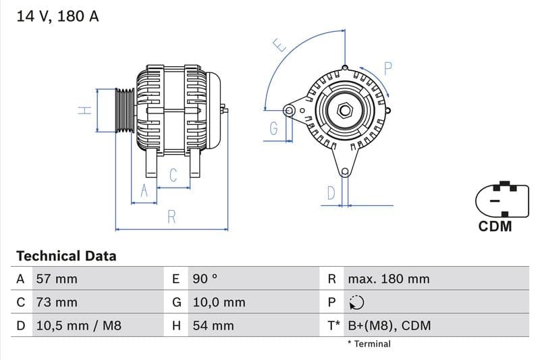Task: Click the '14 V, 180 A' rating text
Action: [57, 17]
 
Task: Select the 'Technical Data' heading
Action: [66, 256]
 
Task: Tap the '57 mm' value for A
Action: [56, 279]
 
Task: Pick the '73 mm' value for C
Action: [56, 302]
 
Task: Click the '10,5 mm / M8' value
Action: [78, 326]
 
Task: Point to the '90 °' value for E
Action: [205, 279]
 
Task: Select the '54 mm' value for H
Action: [213, 326]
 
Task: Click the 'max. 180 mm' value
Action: [388, 279]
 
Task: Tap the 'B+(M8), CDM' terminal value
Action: [389, 326]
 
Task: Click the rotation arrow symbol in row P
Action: [356, 303]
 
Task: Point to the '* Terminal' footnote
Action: [369, 344]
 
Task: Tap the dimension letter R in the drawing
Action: [171, 217]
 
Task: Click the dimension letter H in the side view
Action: [84, 110]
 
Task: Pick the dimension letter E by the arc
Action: [279, 45]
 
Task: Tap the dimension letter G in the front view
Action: [273, 128]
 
